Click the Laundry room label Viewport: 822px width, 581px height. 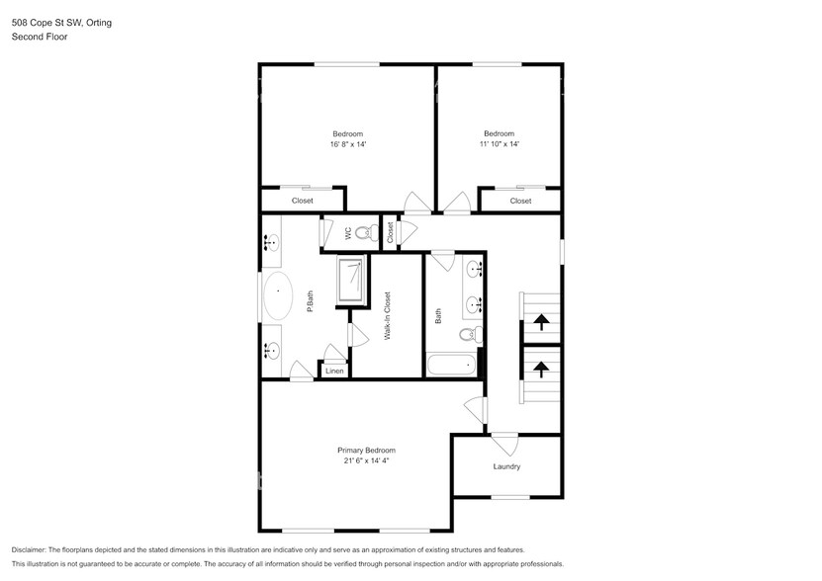[505, 466]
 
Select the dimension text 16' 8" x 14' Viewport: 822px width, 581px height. [348, 144]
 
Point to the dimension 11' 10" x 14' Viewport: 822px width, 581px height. [499, 144]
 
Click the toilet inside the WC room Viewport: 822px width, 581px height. [364, 234]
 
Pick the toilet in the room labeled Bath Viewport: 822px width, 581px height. [468, 336]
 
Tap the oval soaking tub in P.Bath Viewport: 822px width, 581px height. [277, 294]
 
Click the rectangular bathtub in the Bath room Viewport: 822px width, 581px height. [452, 364]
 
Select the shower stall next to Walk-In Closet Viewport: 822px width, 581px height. [351, 281]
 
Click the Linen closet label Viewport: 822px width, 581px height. [334, 372]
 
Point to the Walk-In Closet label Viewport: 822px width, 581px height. [387, 316]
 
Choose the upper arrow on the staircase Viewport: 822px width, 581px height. [540, 320]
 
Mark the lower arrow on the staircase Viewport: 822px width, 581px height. [540, 369]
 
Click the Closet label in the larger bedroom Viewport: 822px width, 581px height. [302, 201]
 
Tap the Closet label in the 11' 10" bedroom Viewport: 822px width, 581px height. [520, 201]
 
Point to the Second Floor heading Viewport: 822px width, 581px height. [36, 37]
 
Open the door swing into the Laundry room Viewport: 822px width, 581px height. [504, 444]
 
